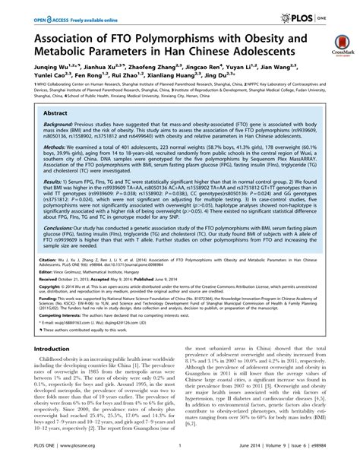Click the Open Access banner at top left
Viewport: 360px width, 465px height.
[x=52, y=14]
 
